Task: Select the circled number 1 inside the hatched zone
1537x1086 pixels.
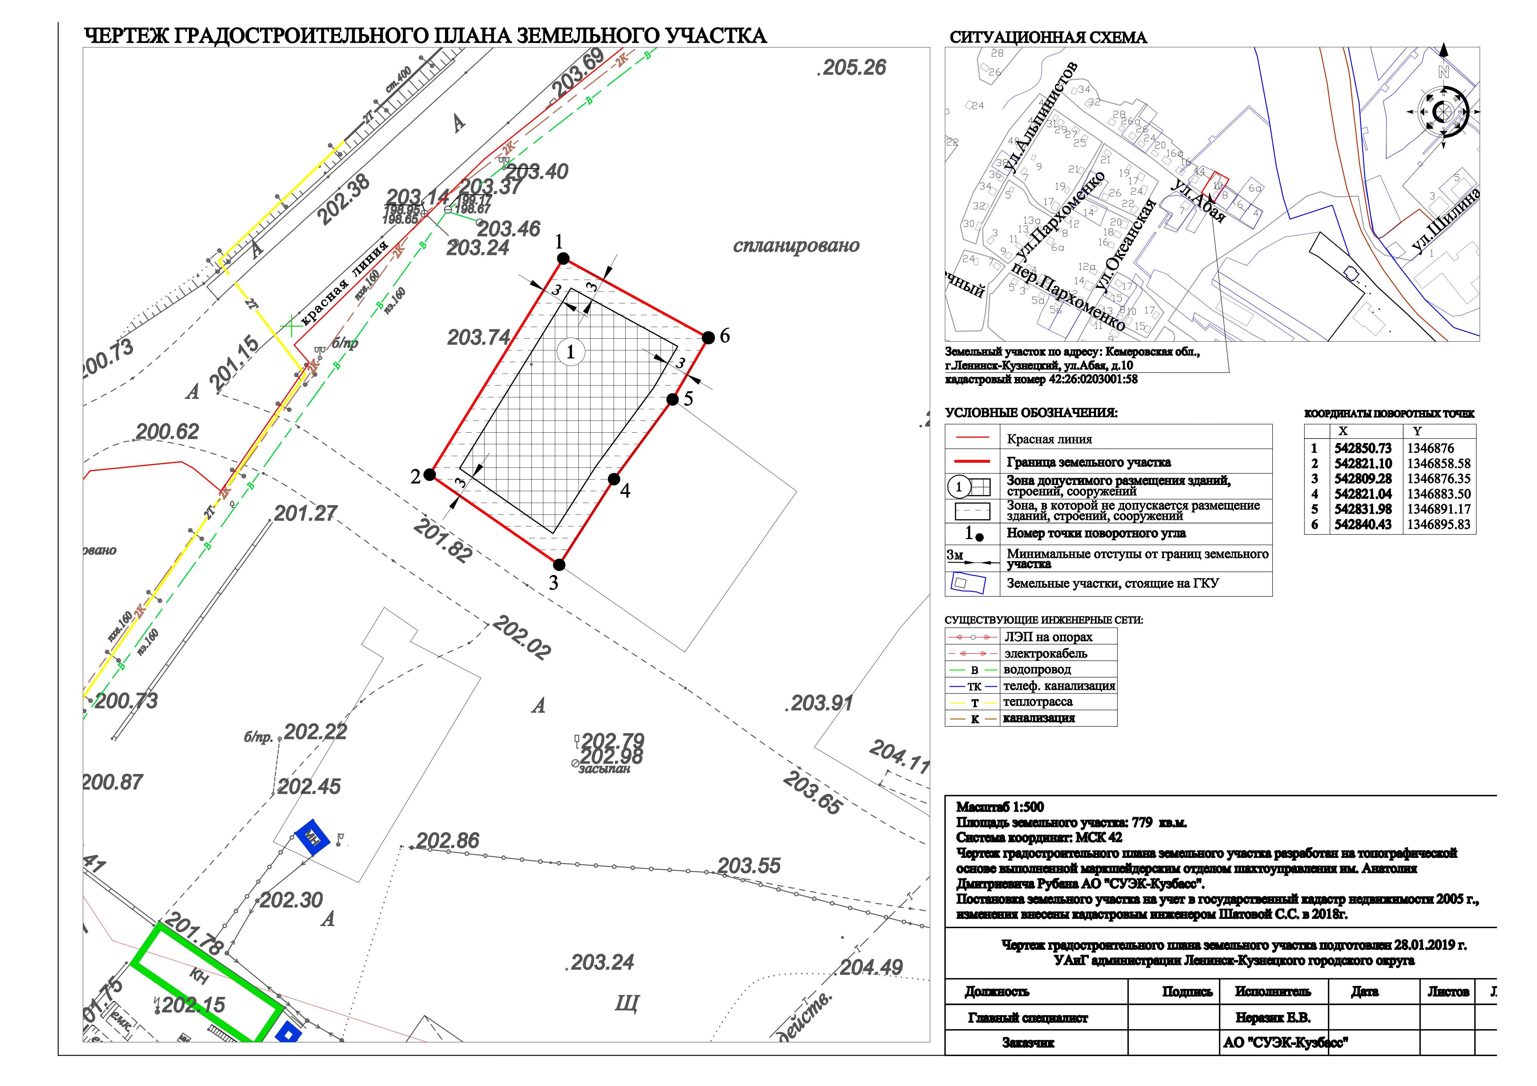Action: pyautogui.click(x=570, y=352)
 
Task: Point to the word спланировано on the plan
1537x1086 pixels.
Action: pyautogui.click(x=796, y=245)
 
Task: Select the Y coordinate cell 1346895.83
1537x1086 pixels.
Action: pyautogui.click(x=1439, y=525)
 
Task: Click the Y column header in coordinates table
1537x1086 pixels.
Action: pyautogui.click(x=1417, y=432)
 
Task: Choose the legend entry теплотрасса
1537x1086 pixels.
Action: pyautogui.click(x=1037, y=702)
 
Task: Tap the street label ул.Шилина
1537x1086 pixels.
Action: pyautogui.click(x=1446, y=220)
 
